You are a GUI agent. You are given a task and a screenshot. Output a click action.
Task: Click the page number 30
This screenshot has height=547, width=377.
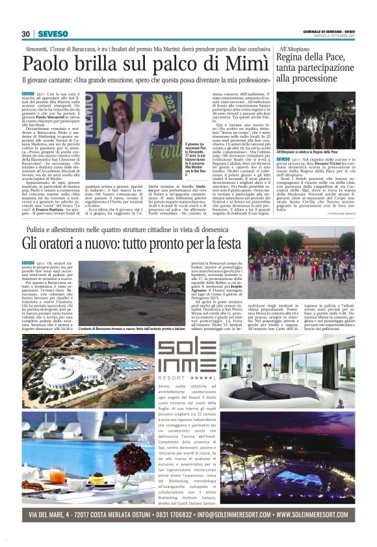click(x=26, y=34)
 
